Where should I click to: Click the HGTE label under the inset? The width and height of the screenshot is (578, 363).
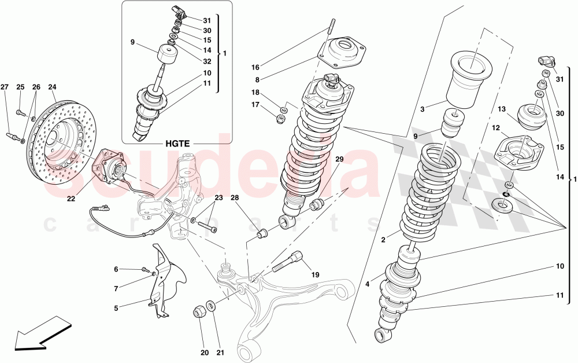point(177,142)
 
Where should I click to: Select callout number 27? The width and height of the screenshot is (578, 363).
point(4,87)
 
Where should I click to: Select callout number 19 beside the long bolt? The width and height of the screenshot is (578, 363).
point(315,275)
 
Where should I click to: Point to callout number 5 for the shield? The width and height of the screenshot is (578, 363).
point(116,309)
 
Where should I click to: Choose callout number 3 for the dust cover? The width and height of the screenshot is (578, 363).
point(423,109)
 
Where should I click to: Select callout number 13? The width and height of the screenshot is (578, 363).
point(501,109)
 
